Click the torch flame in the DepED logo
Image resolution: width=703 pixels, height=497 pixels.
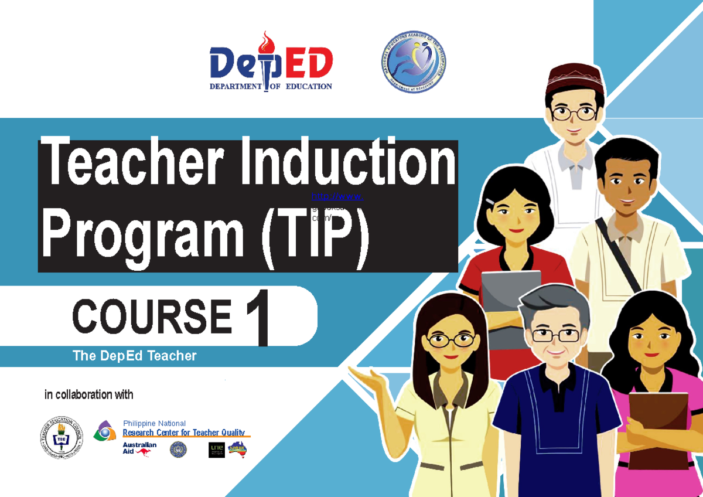[x=267, y=42]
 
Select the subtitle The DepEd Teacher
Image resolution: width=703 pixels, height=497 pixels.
[x=134, y=356]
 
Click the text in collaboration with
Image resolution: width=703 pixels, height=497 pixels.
[x=88, y=394]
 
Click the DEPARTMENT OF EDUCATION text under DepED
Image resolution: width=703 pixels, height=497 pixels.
[x=271, y=86]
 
